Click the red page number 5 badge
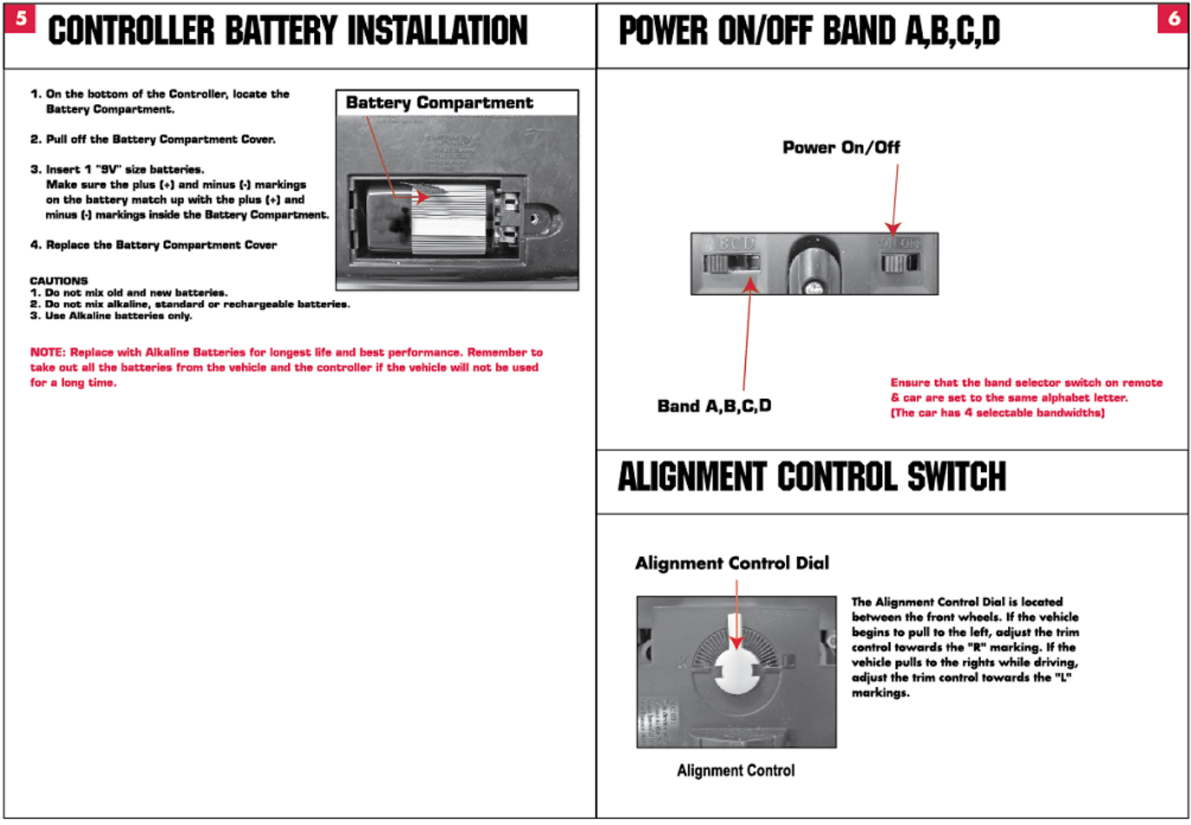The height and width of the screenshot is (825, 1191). [x=20, y=18]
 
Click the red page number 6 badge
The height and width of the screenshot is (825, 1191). [x=1173, y=18]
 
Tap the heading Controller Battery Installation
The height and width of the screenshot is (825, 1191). [x=287, y=32]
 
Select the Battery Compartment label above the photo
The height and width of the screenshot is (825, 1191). [x=439, y=102]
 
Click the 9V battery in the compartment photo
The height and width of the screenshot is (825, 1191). [x=428, y=220]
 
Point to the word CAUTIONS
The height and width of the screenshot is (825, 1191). [x=59, y=281]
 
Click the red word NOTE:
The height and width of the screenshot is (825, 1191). [x=48, y=353]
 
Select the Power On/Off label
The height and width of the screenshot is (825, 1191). [x=841, y=148]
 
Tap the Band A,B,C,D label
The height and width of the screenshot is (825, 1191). [x=714, y=407]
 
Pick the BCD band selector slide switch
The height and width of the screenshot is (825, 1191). [x=732, y=264]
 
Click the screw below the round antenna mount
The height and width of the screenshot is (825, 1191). [x=813, y=288]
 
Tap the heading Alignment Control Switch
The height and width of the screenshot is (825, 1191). [x=811, y=477]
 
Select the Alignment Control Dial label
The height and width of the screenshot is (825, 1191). [x=732, y=563]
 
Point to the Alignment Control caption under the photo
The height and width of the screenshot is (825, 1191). [x=736, y=770]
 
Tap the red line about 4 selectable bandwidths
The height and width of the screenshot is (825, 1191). [x=998, y=413]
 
